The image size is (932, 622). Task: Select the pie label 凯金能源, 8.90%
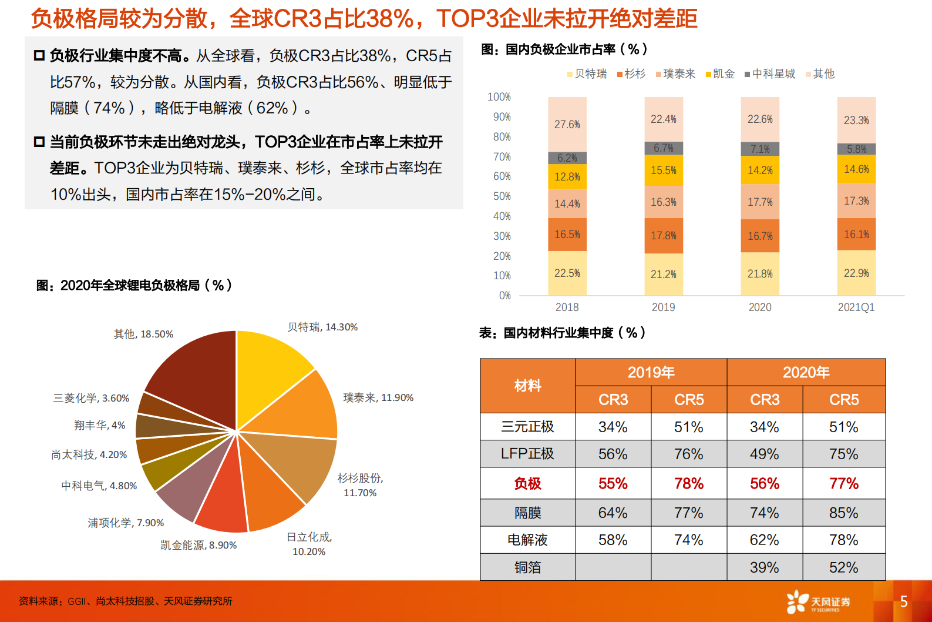(x=198, y=546)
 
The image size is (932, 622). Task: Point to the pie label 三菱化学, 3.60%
(x=91, y=398)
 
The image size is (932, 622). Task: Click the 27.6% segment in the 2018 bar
(x=567, y=124)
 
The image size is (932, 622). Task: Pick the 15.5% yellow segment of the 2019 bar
(x=663, y=170)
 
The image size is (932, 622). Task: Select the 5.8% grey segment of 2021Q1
(x=856, y=149)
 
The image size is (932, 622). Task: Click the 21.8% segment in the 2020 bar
(x=759, y=274)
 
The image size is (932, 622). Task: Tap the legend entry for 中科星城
(x=770, y=74)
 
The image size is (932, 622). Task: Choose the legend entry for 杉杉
(x=631, y=74)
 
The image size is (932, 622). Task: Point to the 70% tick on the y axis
(x=502, y=156)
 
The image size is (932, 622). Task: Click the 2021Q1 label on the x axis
(x=856, y=307)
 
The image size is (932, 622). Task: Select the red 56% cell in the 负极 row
(x=765, y=483)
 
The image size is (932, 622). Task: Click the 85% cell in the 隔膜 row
(x=843, y=513)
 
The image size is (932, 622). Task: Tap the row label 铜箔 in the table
(x=527, y=567)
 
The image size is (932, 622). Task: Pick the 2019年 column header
(x=651, y=372)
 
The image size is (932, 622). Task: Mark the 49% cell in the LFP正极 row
(x=765, y=454)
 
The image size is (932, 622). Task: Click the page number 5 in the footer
(x=904, y=601)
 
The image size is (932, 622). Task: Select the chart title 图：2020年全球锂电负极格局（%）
(x=134, y=286)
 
